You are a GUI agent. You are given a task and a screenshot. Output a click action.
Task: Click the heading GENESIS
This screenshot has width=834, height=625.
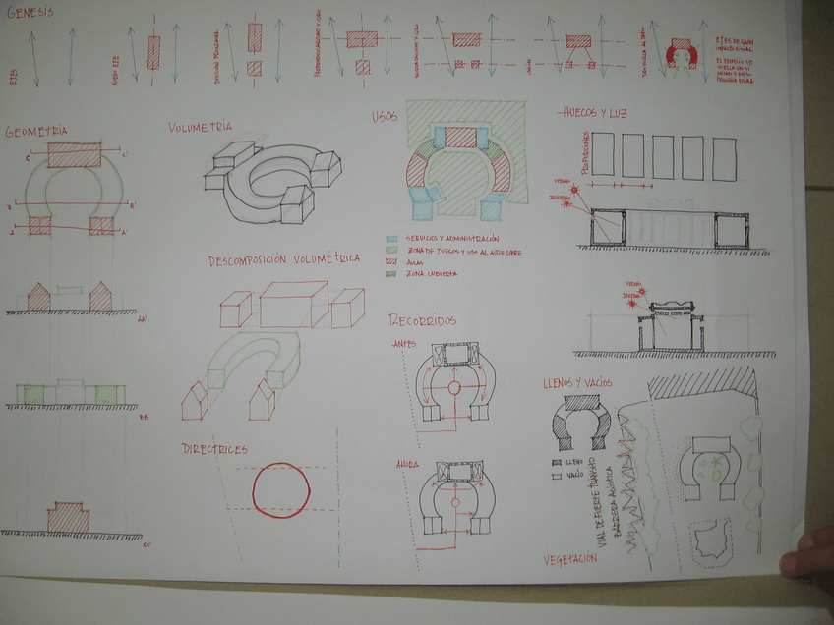32,12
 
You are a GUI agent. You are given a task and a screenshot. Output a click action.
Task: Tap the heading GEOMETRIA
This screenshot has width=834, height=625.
36,131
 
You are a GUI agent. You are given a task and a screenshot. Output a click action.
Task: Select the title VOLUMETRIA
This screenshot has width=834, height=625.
200,127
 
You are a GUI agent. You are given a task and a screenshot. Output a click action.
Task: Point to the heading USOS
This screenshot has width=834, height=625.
385,117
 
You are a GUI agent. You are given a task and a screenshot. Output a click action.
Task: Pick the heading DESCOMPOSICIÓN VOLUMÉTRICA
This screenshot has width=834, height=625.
283,260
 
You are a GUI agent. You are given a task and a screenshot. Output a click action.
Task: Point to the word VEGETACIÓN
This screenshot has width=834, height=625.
569,559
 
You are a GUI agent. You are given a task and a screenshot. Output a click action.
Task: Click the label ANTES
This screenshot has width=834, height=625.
403,344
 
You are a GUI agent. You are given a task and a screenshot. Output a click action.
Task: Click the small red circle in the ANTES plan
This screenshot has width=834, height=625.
454,389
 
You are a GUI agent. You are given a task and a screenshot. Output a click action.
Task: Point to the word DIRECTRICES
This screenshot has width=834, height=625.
214,449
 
